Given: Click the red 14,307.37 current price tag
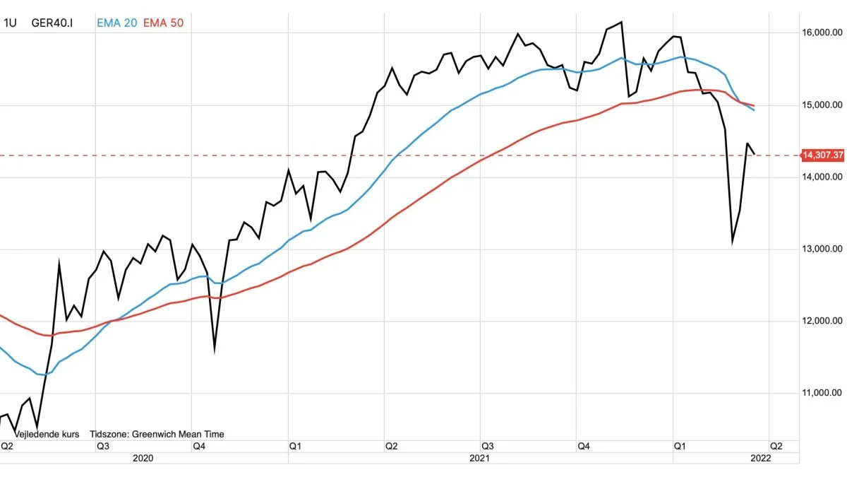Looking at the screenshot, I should tap(823, 155).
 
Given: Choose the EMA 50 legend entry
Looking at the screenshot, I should tap(164, 23).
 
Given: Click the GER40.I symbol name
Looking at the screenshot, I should tap(52, 23).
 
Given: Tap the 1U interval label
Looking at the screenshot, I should tap(10, 23).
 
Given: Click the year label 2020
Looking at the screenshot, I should tap(143, 458).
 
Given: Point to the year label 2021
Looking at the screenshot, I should tap(480, 458).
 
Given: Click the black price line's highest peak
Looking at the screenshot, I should tap(621, 22).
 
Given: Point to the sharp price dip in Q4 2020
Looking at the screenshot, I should tap(215, 349).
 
